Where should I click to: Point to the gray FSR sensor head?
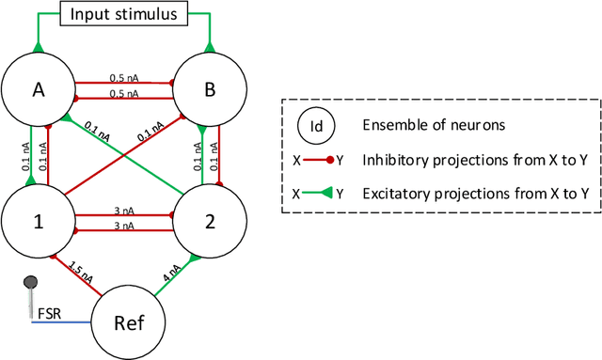pyautogui.click(x=31, y=280)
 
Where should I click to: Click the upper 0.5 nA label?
pyautogui.click(x=123, y=77)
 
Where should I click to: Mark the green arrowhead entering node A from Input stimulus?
pyautogui.click(x=37, y=46)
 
